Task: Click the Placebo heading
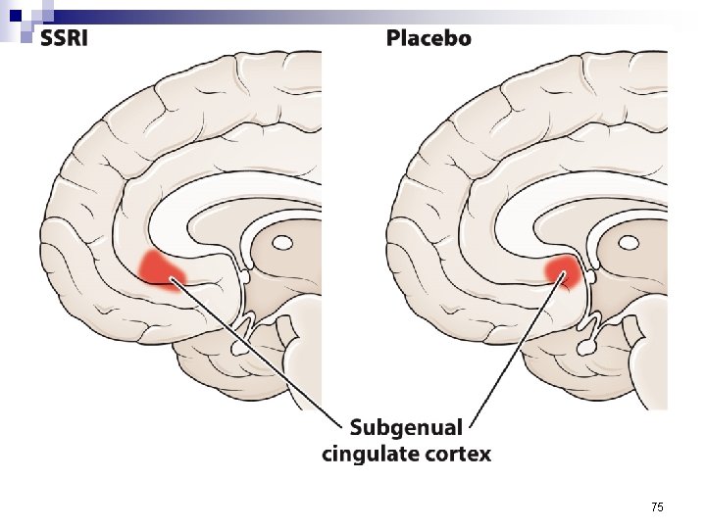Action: [428, 38]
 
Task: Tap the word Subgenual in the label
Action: [406, 427]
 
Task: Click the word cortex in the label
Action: [453, 454]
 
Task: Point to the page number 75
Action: [657, 506]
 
